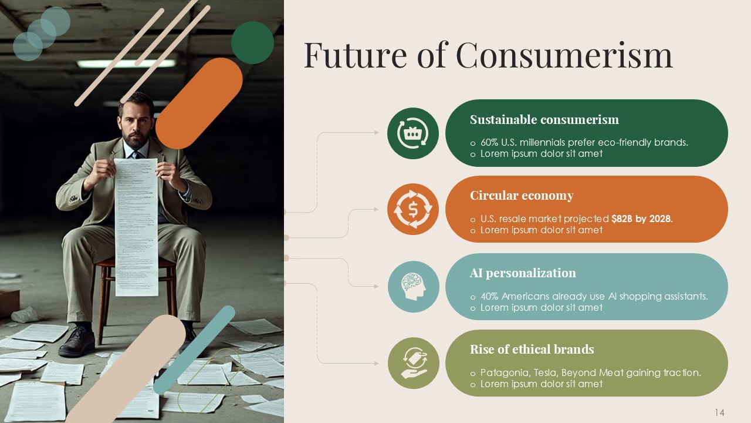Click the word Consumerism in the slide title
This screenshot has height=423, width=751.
564,55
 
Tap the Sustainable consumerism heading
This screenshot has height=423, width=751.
544,120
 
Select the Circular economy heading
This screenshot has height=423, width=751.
521,196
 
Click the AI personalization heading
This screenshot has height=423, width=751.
522,273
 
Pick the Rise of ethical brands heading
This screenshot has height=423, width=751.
532,350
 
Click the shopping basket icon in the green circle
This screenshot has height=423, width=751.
413,133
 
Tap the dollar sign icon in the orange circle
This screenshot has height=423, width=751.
413,209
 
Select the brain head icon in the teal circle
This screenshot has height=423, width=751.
413,286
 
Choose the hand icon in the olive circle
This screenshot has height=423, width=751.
413,363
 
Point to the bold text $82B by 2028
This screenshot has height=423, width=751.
641,219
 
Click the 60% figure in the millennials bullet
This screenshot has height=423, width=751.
489,143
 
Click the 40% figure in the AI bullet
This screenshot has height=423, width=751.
489,297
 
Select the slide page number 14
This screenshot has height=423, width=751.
719,412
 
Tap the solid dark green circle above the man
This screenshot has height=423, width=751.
252,43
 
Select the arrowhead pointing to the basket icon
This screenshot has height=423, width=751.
377,133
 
